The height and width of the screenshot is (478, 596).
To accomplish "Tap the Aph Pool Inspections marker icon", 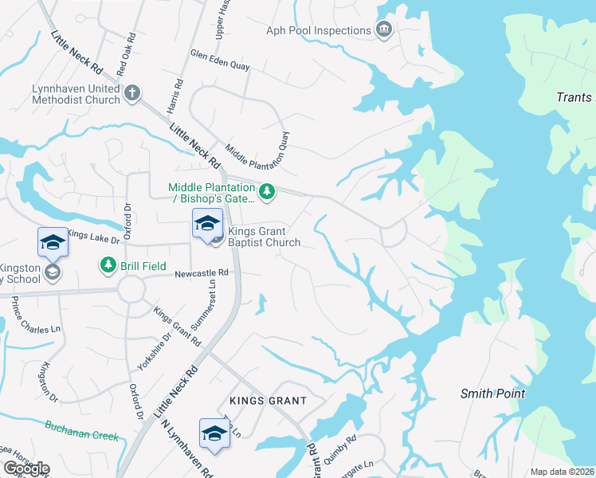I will coord(384,30).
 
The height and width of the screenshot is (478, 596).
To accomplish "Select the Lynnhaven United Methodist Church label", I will coord(76,94).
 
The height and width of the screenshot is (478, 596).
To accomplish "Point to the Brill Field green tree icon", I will coord(106,264).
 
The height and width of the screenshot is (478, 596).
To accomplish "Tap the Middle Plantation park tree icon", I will coord(268,191).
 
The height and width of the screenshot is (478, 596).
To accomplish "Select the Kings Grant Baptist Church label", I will coord(264,237).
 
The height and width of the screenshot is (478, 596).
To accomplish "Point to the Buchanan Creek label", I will coord(81,431).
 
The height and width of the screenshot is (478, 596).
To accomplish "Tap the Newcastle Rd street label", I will coord(202,272).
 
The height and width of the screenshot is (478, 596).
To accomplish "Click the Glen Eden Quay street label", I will coord(220,63).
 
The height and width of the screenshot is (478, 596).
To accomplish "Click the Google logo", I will coord(26,468).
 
